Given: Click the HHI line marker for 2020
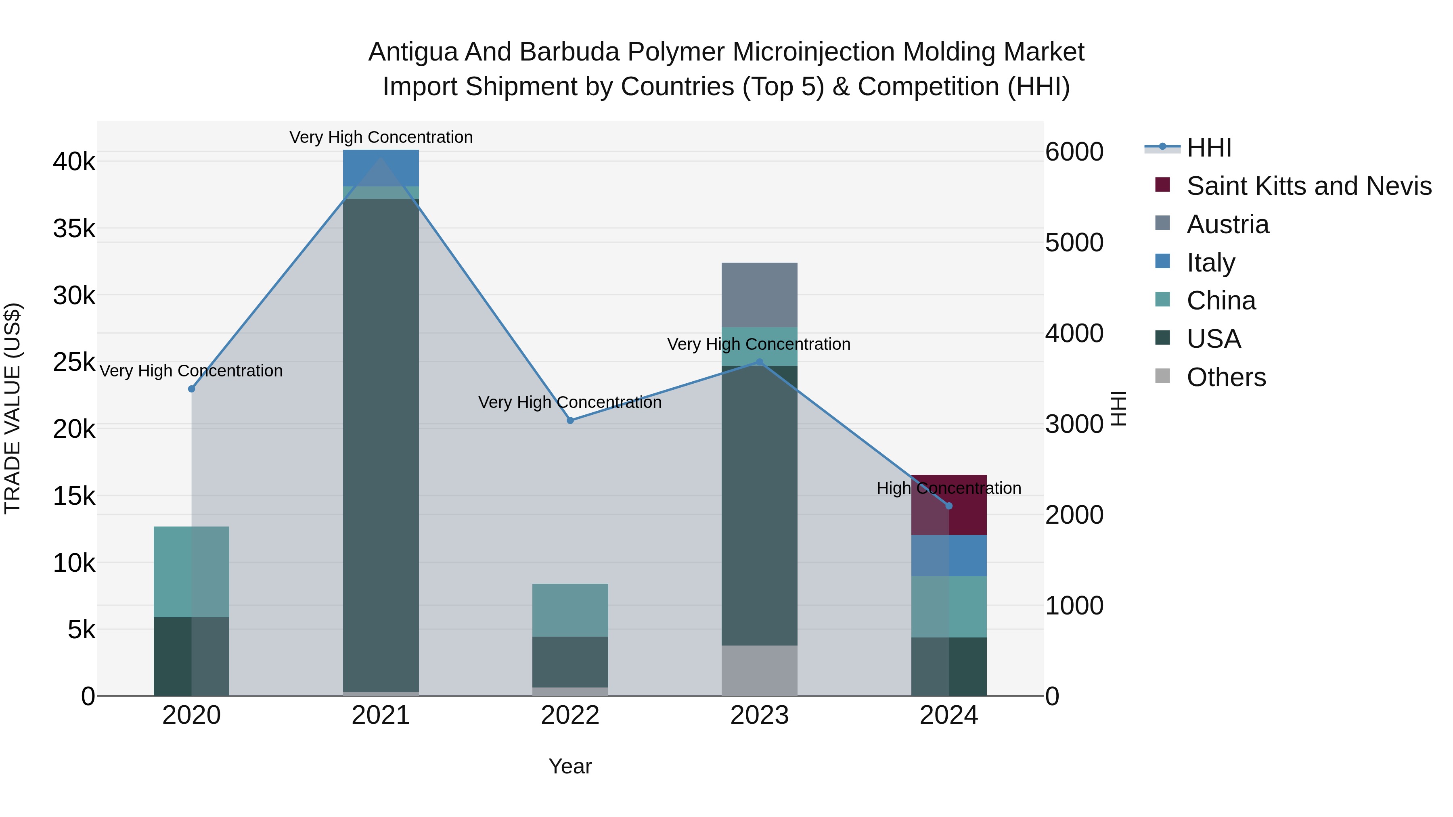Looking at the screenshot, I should pos(191,389).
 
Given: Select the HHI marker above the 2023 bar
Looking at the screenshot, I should pos(759,362).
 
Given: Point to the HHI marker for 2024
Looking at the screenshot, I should pos(949,506).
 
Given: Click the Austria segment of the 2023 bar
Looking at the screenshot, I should pos(759,295).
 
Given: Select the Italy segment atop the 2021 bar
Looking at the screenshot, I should pos(381,168).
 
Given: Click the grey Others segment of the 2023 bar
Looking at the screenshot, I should pos(759,671).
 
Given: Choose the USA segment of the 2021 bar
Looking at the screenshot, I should pos(381,445).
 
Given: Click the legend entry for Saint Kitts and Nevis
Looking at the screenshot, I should pos(1309,186).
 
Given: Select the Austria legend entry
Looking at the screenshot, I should pos(1227,224).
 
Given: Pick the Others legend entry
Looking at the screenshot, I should pos(1226,377).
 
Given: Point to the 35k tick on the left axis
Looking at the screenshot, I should pos(74,229).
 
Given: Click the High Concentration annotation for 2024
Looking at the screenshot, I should pos(949,488).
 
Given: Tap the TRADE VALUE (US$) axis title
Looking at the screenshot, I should pos(13,408).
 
